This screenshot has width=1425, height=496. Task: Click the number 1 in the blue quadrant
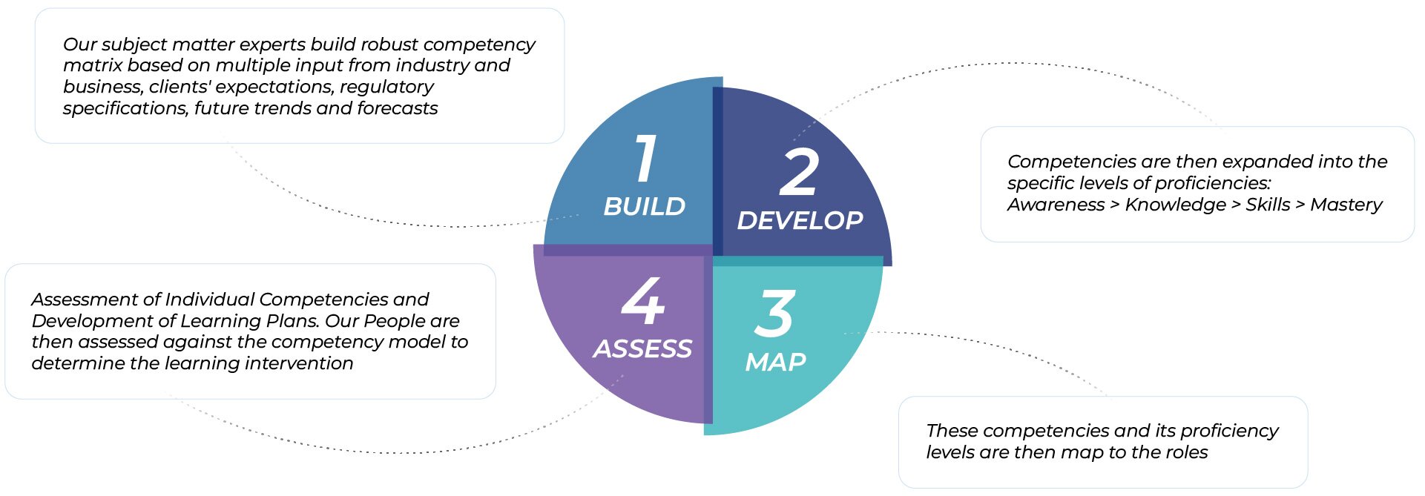[646, 158]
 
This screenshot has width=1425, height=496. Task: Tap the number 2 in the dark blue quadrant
[799, 172]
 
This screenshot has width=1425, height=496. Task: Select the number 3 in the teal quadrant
[775, 313]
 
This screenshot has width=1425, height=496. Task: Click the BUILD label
[645, 206]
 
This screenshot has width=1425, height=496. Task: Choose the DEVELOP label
[800, 220]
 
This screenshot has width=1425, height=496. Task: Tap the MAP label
[775, 362]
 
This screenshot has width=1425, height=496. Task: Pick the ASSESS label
[642, 348]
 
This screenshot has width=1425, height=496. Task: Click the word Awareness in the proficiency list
[1056, 205]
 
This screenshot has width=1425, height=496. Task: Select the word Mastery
[1346, 205]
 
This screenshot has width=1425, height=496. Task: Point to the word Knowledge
[1176, 205]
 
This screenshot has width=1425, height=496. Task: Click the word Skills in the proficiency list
[1268, 205]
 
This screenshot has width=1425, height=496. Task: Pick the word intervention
[299, 363]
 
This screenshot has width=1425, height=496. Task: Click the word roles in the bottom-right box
[1186, 452]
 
